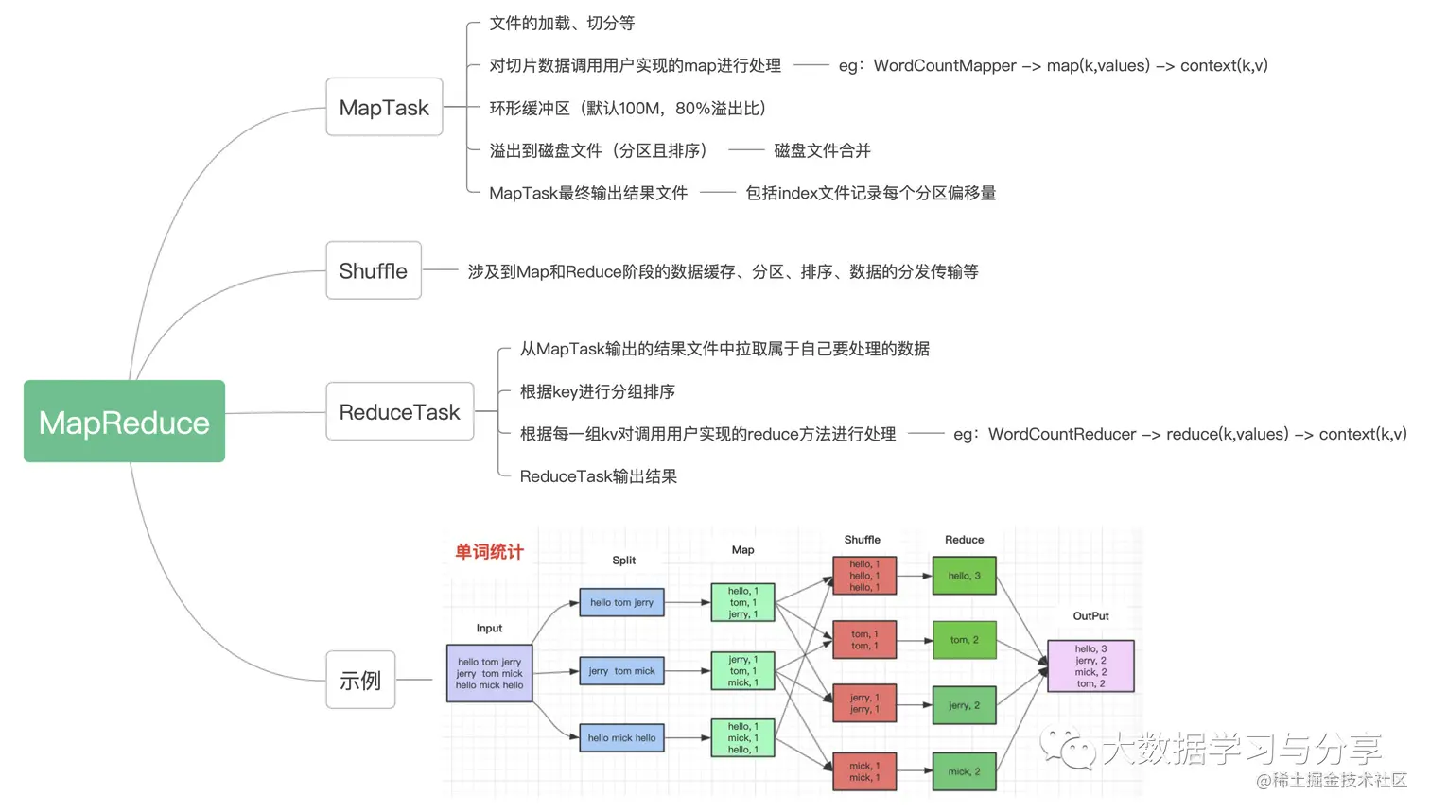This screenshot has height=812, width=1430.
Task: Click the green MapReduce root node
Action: tap(124, 422)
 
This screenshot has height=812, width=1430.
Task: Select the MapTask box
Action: tap(384, 107)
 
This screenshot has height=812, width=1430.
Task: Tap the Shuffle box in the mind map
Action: tap(374, 271)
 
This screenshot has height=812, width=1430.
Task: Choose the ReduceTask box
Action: tap(399, 412)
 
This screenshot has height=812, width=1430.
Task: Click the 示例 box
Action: tap(360, 680)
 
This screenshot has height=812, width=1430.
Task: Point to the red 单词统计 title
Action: tap(489, 552)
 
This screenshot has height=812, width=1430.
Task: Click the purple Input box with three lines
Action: tap(489, 673)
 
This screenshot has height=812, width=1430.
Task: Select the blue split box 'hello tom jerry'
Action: tap(621, 602)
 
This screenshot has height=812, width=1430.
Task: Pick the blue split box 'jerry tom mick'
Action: tap(621, 671)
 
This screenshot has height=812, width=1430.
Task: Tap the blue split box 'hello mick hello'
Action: tap(621, 738)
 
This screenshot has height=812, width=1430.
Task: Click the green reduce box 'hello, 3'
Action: tap(964, 576)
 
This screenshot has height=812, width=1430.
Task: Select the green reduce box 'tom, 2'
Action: tap(964, 640)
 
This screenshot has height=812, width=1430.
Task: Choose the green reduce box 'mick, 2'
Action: tap(964, 771)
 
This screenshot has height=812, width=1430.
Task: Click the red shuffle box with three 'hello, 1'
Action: tap(864, 576)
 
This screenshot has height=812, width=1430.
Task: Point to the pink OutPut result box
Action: tap(1090, 666)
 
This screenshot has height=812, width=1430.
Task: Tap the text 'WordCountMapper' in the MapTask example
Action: tap(945, 65)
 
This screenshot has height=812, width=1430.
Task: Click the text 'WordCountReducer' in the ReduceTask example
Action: tap(1062, 434)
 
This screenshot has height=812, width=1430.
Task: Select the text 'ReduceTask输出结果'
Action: tap(598, 476)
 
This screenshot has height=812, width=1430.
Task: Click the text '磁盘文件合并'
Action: tap(822, 150)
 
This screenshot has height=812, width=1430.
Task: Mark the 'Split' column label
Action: tap(623, 561)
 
